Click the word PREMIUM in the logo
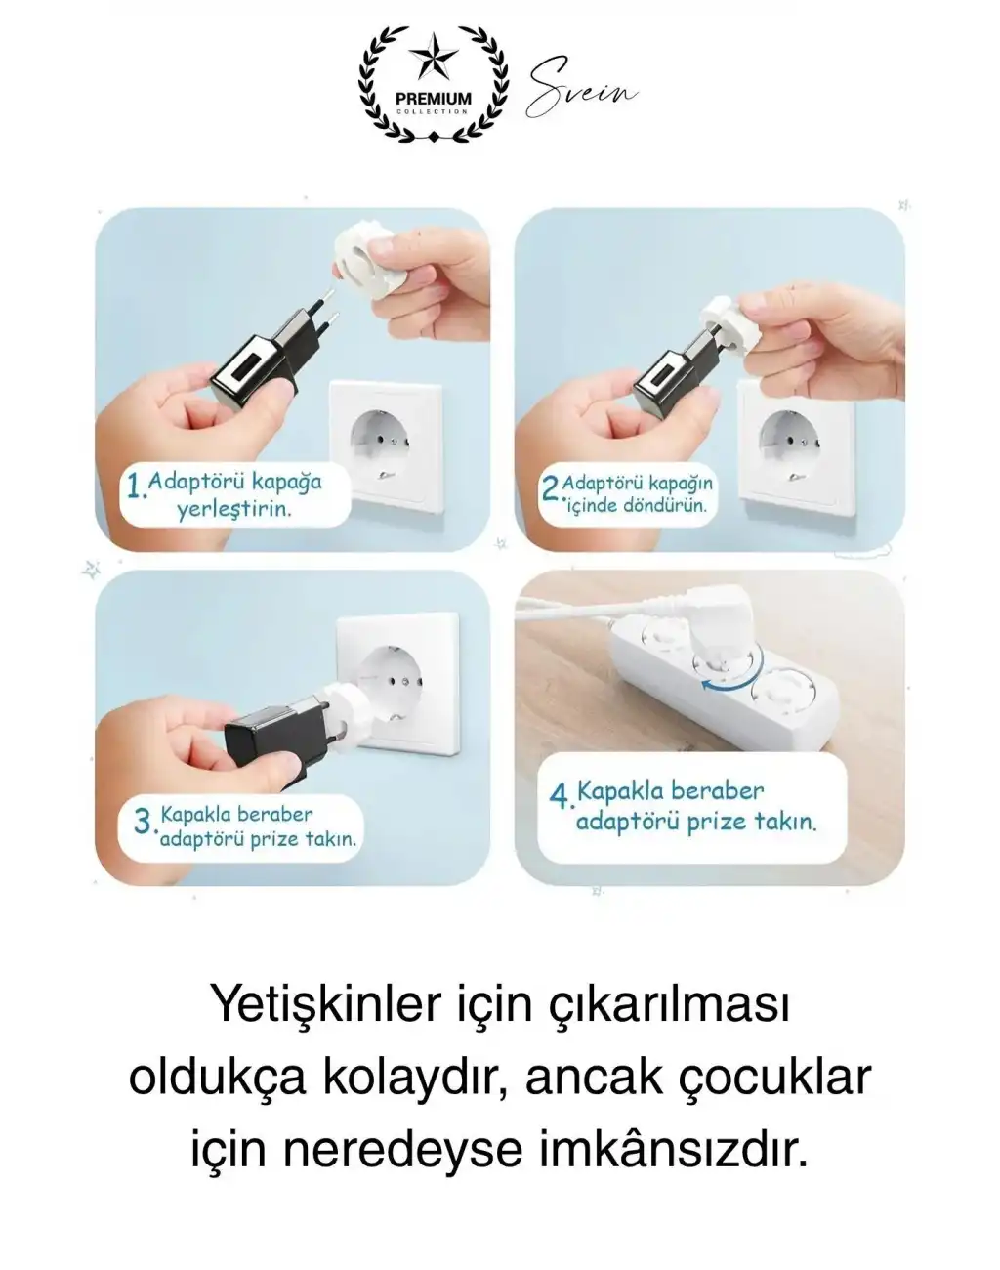(x=433, y=99)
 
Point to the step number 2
(x=550, y=487)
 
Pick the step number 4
(x=560, y=796)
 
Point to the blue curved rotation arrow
(x=727, y=688)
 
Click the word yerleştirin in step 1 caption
(x=234, y=510)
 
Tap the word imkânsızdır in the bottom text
(x=674, y=1149)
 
